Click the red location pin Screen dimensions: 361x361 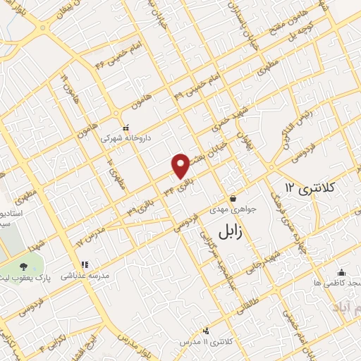pyautogui.click(x=181, y=166)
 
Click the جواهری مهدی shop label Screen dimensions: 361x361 pyautogui.click(x=228, y=209)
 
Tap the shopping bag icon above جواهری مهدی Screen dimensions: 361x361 pyautogui.click(x=233, y=198)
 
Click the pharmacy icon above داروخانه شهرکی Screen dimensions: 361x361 pyautogui.click(x=126, y=128)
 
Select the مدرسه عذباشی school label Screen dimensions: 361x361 pyautogui.click(x=86, y=276)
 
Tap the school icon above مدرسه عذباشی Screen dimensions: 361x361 pyautogui.click(x=85, y=265)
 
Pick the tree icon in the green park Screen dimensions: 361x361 pyautogui.click(x=25, y=267)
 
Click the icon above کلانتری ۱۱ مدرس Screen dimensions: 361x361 pyautogui.click(x=206, y=331)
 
